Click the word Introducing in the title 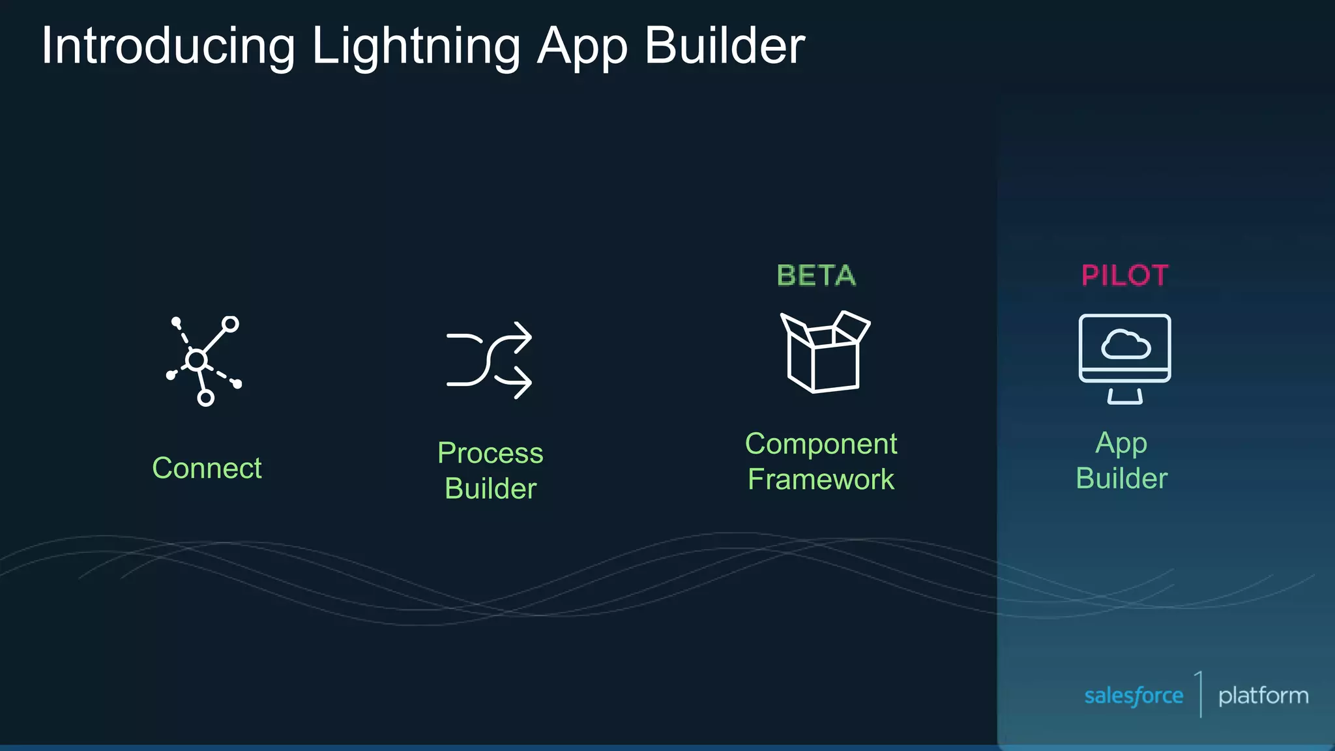pos(168,47)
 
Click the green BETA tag pos(816,276)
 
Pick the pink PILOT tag pos(1124,276)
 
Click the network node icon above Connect pos(203,361)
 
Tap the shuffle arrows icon pos(489,361)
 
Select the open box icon pos(824,352)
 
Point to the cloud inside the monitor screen pos(1125,345)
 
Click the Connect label pos(207,468)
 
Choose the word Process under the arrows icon pos(490,453)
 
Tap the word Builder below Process pos(490,488)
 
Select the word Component pos(821,444)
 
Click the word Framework pos(821,479)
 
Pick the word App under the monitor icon pos(1121,444)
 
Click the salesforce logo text pos(1134,696)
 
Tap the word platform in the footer pos(1263,696)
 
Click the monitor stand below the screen pos(1124,396)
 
